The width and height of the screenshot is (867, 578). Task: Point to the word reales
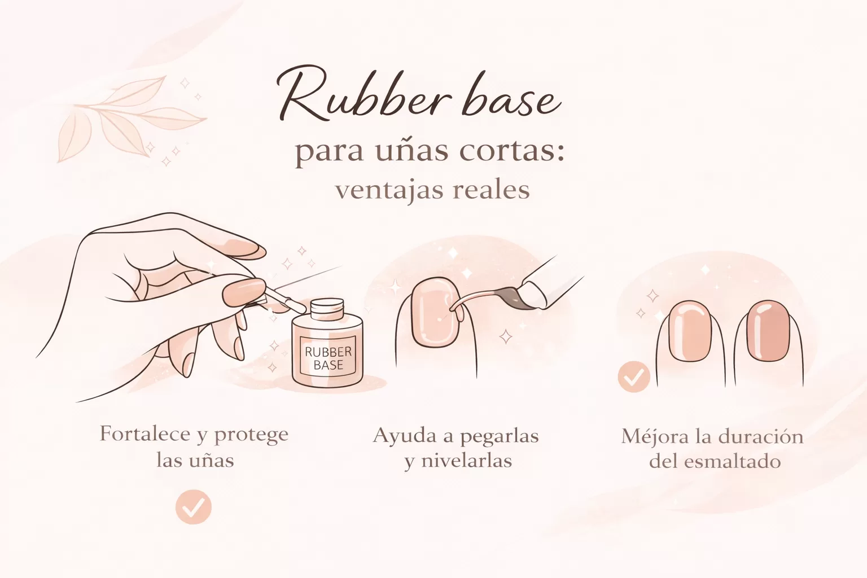pyautogui.click(x=491, y=189)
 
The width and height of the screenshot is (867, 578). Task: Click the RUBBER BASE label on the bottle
pyautogui.click(x=328, y=358)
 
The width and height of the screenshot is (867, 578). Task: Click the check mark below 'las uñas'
pyautogui.click(x=193, y=507)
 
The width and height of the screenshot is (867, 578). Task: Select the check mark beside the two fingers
pyautogui.click(x=634, y=376)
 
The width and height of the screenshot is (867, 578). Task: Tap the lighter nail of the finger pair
pyautogui.click(x=690, y=331)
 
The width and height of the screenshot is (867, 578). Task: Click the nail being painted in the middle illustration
pyautogui.click(x=434, y=312)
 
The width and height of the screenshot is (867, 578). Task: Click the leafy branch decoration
pyautogui.click(x=132, y=118)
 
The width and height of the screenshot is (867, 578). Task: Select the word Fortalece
pyautogui.click(x=146, y=434)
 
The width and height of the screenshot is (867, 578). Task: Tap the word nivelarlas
pyautogui.click(x=466, y=461)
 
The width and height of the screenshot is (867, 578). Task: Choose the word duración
pyautogui.click(x=761, y=436)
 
